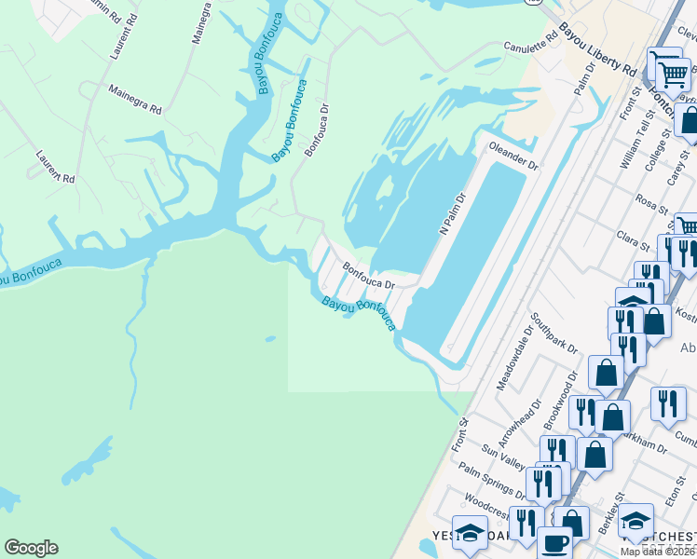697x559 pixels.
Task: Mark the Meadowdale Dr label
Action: [512, 361]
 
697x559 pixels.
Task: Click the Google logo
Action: [31, 548]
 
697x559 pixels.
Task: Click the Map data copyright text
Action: [658, 552]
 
